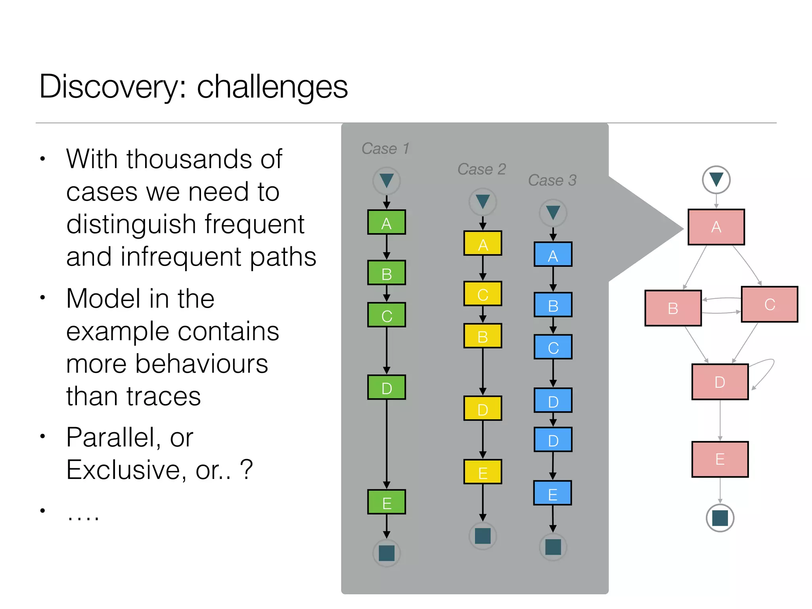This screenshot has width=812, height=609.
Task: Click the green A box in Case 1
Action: point(386,222)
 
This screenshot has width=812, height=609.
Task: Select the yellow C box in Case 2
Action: point(483,294)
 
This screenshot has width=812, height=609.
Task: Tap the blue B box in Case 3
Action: point(553,305)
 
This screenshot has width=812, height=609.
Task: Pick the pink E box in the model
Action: point(720,459)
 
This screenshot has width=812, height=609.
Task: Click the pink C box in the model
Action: point(769,304)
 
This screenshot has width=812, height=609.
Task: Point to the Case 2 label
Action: point(481,169)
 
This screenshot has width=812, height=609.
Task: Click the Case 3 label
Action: point(552,180)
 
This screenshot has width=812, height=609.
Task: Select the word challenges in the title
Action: point(272,87)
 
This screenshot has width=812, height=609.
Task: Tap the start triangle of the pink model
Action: point(716,180)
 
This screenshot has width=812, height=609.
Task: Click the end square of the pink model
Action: point(720,518)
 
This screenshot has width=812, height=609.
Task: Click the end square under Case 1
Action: point(386,553)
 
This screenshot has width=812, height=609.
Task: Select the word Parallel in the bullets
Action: point(113,438)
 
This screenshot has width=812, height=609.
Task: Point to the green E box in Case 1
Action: point(386,502)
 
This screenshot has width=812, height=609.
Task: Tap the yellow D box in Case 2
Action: point(483,408)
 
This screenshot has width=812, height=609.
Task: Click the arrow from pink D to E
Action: point(720,420)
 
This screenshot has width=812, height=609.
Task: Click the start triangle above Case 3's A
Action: point(553,213)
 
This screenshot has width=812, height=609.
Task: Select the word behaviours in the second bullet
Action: point(201,364)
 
